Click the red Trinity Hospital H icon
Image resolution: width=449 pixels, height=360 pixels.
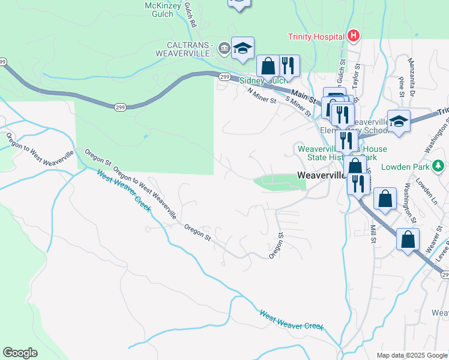[x=354, y=36]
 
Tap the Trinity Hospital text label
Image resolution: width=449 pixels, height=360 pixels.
[x=316, y=37]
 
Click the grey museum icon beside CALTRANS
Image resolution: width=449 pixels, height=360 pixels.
[x=223, y=48]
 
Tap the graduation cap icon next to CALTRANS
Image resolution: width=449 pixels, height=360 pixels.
[x=243, y=49]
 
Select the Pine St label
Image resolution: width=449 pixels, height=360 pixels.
[x=402, y=87]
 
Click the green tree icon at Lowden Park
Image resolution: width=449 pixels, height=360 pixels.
[x=439, y=164]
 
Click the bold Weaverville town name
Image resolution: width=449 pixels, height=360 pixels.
[x=321, y=175]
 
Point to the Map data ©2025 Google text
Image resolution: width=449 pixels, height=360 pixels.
[x=411, y=355]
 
